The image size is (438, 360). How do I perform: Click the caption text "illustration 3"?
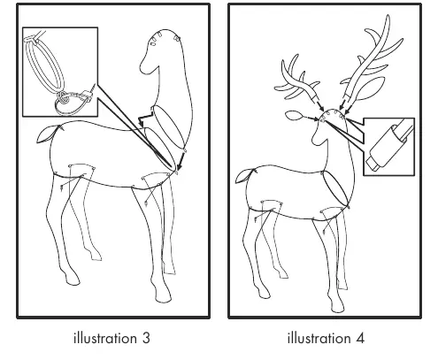111,338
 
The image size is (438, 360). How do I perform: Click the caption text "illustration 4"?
326,338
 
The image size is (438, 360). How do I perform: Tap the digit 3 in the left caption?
146,338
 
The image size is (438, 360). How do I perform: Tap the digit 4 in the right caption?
360,338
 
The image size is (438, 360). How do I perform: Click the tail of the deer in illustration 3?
47,134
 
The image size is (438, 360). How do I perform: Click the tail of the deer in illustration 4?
244,177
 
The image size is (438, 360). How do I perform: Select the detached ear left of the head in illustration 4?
294,116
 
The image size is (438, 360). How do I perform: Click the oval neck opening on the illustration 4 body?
336,188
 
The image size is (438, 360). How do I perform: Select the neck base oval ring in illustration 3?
169,126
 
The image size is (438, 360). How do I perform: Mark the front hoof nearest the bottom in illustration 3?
163,295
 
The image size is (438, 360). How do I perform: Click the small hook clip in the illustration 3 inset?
87,95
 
